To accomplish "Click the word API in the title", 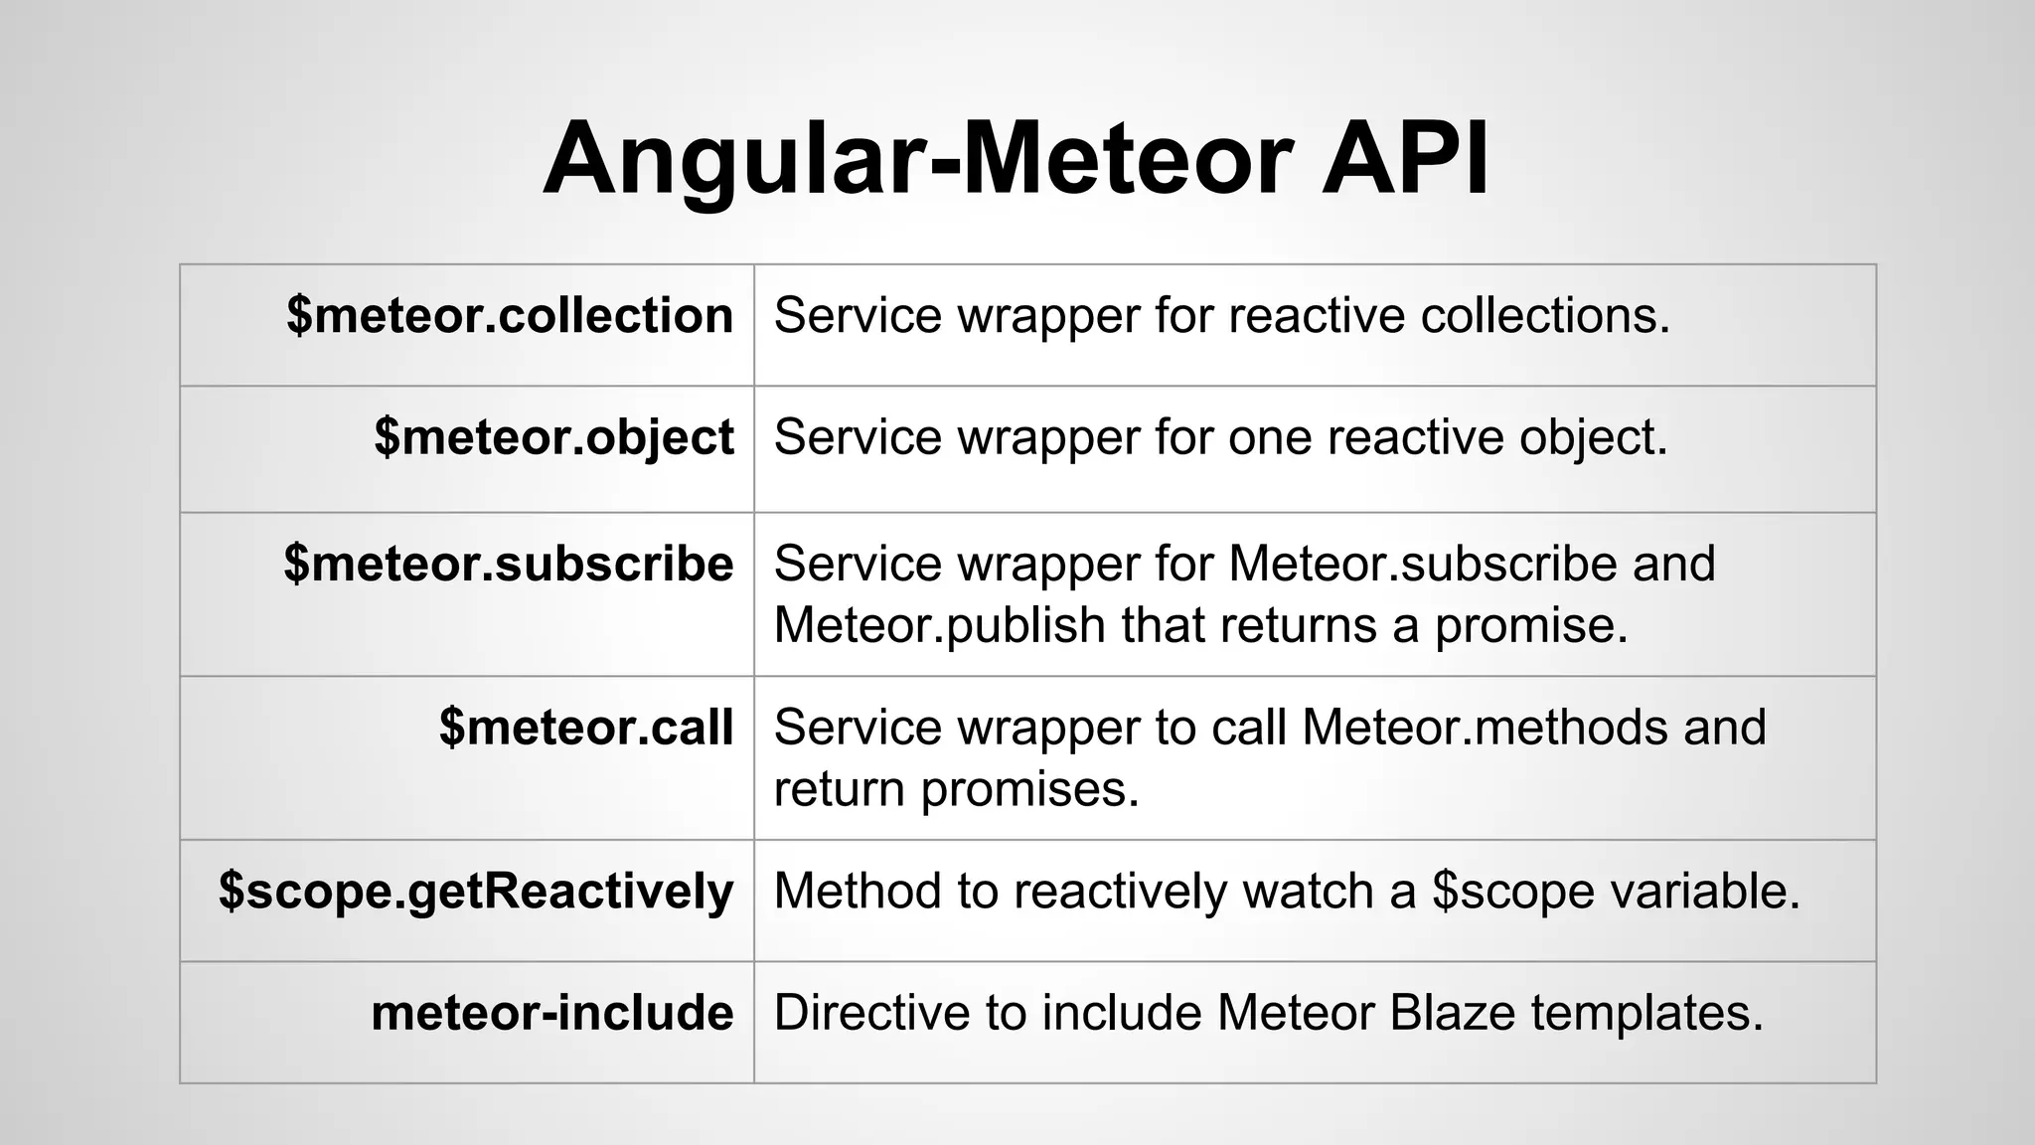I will (1405, 159).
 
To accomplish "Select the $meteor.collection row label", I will (510, 315).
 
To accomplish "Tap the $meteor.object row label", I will (553, 437).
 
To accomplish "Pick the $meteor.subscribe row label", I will (508, 564).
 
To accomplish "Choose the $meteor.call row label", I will (586, 727).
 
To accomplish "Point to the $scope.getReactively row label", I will (476, 891).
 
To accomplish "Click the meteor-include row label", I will (551, 1013).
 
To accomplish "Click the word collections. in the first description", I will (1545, 315).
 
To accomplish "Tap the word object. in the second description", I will (1593, 437).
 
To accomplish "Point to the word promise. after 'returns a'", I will (1530, 625).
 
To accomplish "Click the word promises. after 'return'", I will (1029, 789).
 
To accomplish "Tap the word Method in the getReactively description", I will (857, 891).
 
